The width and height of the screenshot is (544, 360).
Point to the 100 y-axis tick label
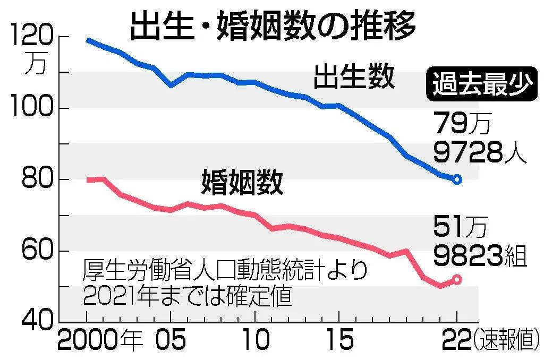[33, 108]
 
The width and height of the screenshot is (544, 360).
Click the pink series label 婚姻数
[242, 182]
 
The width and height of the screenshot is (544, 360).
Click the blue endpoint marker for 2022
[457, 179]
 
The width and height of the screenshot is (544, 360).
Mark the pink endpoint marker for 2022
[457, 279]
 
